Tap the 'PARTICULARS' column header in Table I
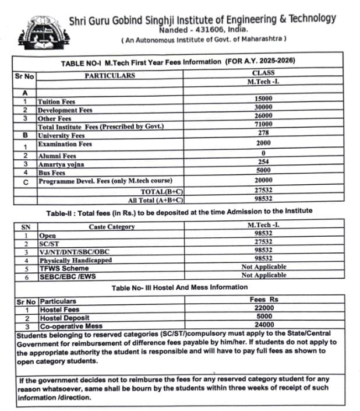pyautogui.click(x=110, y=76)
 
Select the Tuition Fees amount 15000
pyautogui.click(x=263, y=100)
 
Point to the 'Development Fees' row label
pyautogui.click(x=65, y=110)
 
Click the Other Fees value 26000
pyautogui.click(x=263, y=116)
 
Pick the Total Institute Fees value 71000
pyautogui.click(x=263, y=124)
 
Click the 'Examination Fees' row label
pyautogui.click(x=65, y=144)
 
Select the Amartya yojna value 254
pyautogui.click(x=263, y=161)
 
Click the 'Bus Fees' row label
pyautogui.click(x=51, y=173)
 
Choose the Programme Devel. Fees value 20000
pyautogui.click(x=263, y=181)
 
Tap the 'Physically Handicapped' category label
pyautogui.click(x=75, y=260)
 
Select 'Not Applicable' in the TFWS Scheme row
pyautogui.click(x=263, y=267)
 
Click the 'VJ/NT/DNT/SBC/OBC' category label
pyautogui.click(x=74, y=251)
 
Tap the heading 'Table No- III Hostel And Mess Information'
pyautogui.click(x=179, y=287)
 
